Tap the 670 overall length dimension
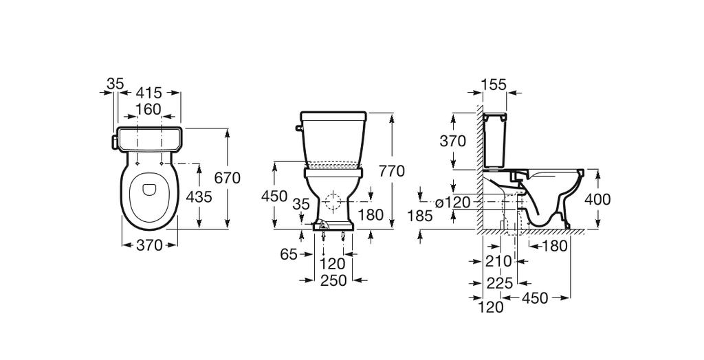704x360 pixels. point(227,178)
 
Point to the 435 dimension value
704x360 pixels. point(199,196)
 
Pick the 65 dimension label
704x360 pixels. point(289,255)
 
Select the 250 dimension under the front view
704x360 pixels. point(333,280)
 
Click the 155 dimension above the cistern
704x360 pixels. point(494,85)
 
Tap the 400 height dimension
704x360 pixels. point(597,200)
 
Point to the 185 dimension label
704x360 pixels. point(420,216)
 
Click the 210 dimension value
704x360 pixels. point(498,261)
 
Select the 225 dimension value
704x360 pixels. point(500,282)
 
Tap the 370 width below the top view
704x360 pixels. point(149,245)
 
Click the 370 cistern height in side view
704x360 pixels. point(453,142)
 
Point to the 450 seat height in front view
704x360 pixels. point(274,196)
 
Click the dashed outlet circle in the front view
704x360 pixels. point(333,203)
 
